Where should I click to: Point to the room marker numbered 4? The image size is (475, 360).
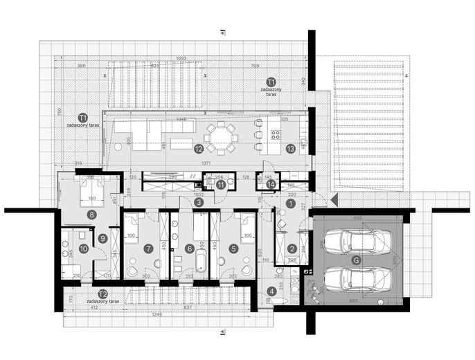tap(271, 291)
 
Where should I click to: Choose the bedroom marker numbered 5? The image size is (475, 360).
tap(233, 247)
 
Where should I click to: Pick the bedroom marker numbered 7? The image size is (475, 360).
tap(147, 247)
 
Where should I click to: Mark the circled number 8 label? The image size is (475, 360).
tap(91, 215)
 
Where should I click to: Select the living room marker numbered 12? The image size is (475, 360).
tap(199, 147)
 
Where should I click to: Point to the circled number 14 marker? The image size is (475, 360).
tap(271, 183)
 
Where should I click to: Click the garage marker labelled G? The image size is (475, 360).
tap(356, 260)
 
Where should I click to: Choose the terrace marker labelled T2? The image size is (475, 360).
tap(102, 294)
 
